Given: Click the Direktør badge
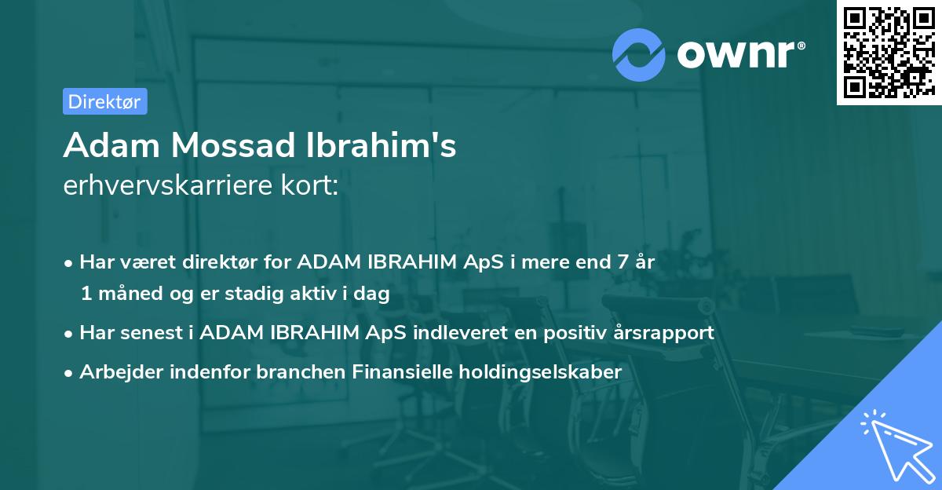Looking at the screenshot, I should [x=104, y=101].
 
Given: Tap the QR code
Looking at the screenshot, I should [x=885, y=53].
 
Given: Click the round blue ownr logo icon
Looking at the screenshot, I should [x=639, y=54].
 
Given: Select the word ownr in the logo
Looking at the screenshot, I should [x=738, y=53].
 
